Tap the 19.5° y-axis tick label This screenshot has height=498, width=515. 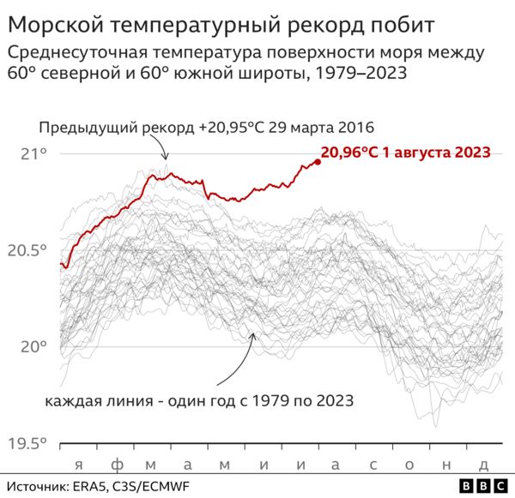point(28,443)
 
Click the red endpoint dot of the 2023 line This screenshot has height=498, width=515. point(318,161)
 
